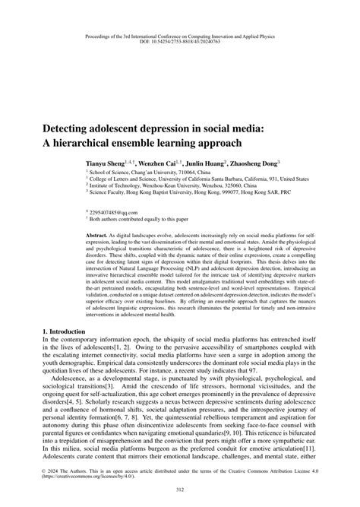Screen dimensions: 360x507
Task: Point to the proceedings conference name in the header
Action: [180, 33]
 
